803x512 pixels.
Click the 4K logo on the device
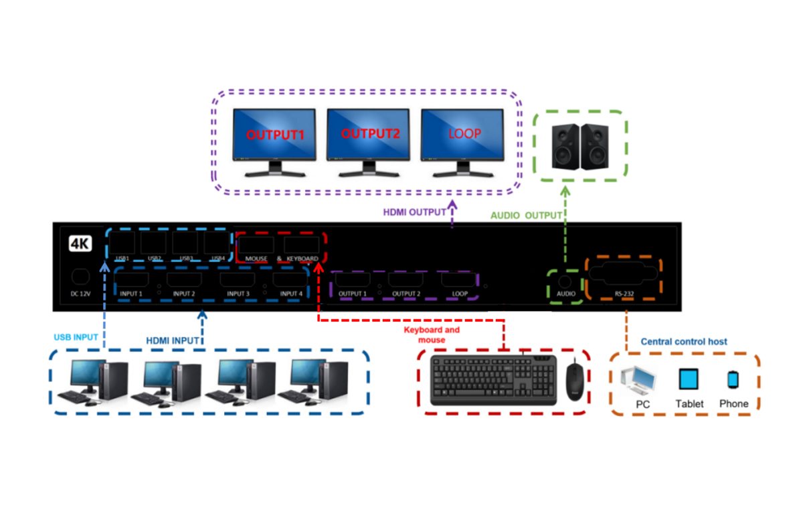[x=80, y=243]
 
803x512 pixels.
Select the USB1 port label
[x=122, y=258]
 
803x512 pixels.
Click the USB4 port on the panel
[x=216, y=242]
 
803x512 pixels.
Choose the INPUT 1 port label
[x=131, y=294]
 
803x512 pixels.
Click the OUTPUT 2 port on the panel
[x=406, y=280]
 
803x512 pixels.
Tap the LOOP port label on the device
[x=460, y=294]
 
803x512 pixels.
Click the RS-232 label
[x=624, y=294]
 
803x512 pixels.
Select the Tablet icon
[x=689, y=380]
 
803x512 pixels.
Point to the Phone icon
[x=733, y=380]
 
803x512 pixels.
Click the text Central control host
[x=683, y=341]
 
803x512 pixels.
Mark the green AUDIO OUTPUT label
[x=526, y=216]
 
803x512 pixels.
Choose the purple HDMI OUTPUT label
[x=414, y=212]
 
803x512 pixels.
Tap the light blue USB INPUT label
[x=76, y=336]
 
